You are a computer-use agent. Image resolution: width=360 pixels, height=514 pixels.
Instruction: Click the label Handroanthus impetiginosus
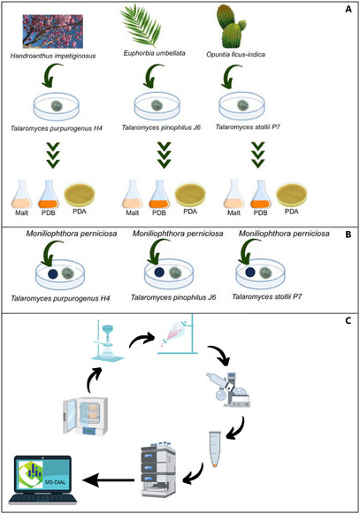click(61, 57)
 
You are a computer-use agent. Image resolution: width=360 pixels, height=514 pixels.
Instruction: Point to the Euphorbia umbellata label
click(158, 57)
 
